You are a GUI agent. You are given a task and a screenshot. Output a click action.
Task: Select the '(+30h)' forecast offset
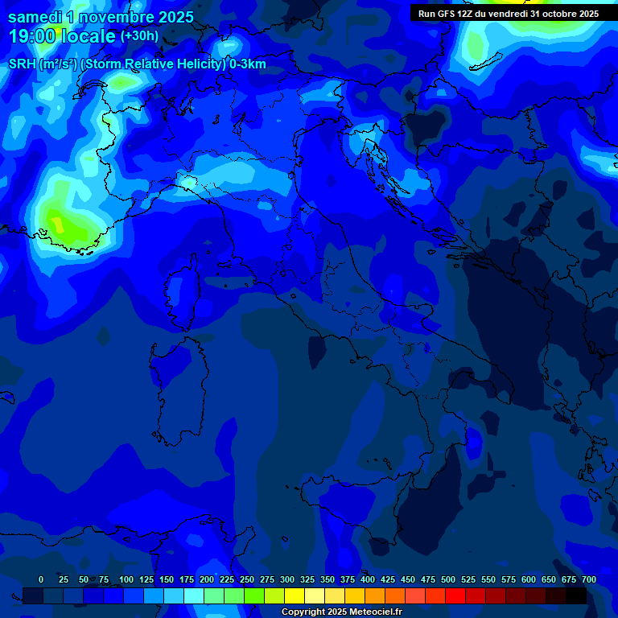pos(139,35)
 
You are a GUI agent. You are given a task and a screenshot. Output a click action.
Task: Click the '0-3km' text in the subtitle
pos(247,64)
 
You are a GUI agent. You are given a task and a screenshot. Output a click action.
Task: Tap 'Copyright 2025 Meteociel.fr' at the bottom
pos(341,612)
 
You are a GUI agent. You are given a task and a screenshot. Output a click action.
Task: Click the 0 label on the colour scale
pos(41,579)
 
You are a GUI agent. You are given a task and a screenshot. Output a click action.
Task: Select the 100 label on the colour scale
pos(126,579)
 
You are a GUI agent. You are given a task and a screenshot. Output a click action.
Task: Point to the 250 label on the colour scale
pos(247,579)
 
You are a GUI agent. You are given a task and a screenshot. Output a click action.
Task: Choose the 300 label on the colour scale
pos(287,579)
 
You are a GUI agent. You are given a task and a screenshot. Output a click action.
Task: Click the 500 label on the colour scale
pos(448,579)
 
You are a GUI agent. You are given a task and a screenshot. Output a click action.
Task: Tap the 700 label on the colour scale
pos(589,579)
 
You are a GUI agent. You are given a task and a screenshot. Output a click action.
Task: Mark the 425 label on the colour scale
pos(388,579)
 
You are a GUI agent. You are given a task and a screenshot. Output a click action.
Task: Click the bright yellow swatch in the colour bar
pos(295,596)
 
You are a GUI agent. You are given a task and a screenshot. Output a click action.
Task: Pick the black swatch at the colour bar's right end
pos(576,596)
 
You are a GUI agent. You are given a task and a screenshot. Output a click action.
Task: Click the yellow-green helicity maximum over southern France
pos(64,221)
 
